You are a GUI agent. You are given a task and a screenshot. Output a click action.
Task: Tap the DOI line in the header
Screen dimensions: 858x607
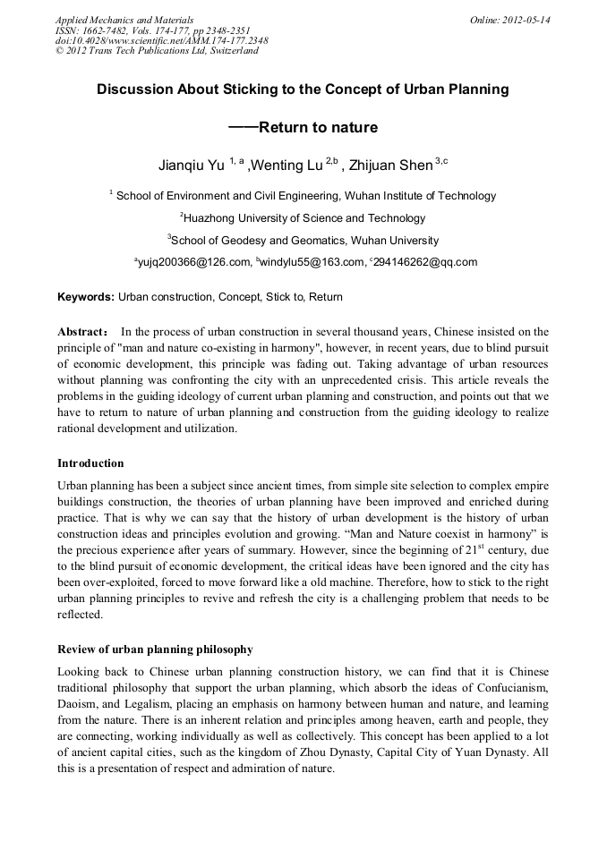click(x=161, y=40)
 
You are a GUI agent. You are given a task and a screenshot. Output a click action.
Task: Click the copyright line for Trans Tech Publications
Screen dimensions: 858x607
click(x=157, y=51)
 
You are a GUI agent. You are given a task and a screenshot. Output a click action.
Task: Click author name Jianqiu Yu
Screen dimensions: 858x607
click(x=191, y=166)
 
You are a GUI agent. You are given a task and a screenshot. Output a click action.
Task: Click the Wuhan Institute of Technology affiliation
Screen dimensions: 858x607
click(x=305, y=195)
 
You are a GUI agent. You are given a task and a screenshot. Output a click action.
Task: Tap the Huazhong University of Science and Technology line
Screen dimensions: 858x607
click(x=303, y=217)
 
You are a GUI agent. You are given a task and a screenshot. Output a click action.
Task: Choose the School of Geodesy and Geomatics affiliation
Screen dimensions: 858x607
click(x=303, y=240)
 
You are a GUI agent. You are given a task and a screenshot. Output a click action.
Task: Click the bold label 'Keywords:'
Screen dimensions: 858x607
click(x=86, y=296)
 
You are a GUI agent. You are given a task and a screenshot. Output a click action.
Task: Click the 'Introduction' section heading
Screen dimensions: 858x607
click(x=90, y=463)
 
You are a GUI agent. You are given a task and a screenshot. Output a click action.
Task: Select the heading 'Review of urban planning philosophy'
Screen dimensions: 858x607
click(x=155, y=649)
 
